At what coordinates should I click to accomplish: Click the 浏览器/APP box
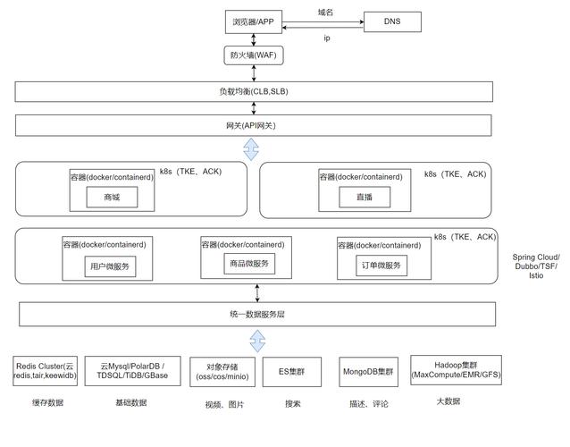click(x=255, y=20)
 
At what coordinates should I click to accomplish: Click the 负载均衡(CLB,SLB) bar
click(x=254, y=92)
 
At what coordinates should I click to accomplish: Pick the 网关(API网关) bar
click(x=254, y=125)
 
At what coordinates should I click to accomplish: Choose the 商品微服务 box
click(x=249, y=264)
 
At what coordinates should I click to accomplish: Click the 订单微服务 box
click(x=380, y=266)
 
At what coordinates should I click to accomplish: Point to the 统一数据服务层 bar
click(x=254, y=315)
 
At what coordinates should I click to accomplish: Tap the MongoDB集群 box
click(x=367, y=371)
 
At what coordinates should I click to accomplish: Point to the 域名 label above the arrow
click(x=325, y=12)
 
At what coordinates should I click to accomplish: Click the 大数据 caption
click(x=448, y=401)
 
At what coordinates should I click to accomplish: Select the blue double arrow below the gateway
click(x=254, y=148)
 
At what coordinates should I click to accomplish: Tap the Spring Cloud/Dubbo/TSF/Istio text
click(x=536, y=266)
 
